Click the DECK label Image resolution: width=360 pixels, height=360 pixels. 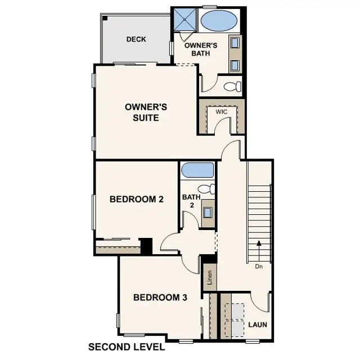click(136, 39)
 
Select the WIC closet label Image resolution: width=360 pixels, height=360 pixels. click(222, 112)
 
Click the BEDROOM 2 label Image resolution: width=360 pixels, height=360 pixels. click(136, 199)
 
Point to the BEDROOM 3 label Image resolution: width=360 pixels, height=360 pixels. click(160, 298)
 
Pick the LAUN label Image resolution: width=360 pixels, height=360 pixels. click(258, 325)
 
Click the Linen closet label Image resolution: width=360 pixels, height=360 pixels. click(209, 278)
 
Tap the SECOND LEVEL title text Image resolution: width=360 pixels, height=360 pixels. click(127, 346)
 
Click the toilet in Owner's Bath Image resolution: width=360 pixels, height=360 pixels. click(232, 87)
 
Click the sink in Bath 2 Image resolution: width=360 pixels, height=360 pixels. click(208, 213)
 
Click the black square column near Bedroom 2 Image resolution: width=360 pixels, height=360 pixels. click(146, 246)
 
